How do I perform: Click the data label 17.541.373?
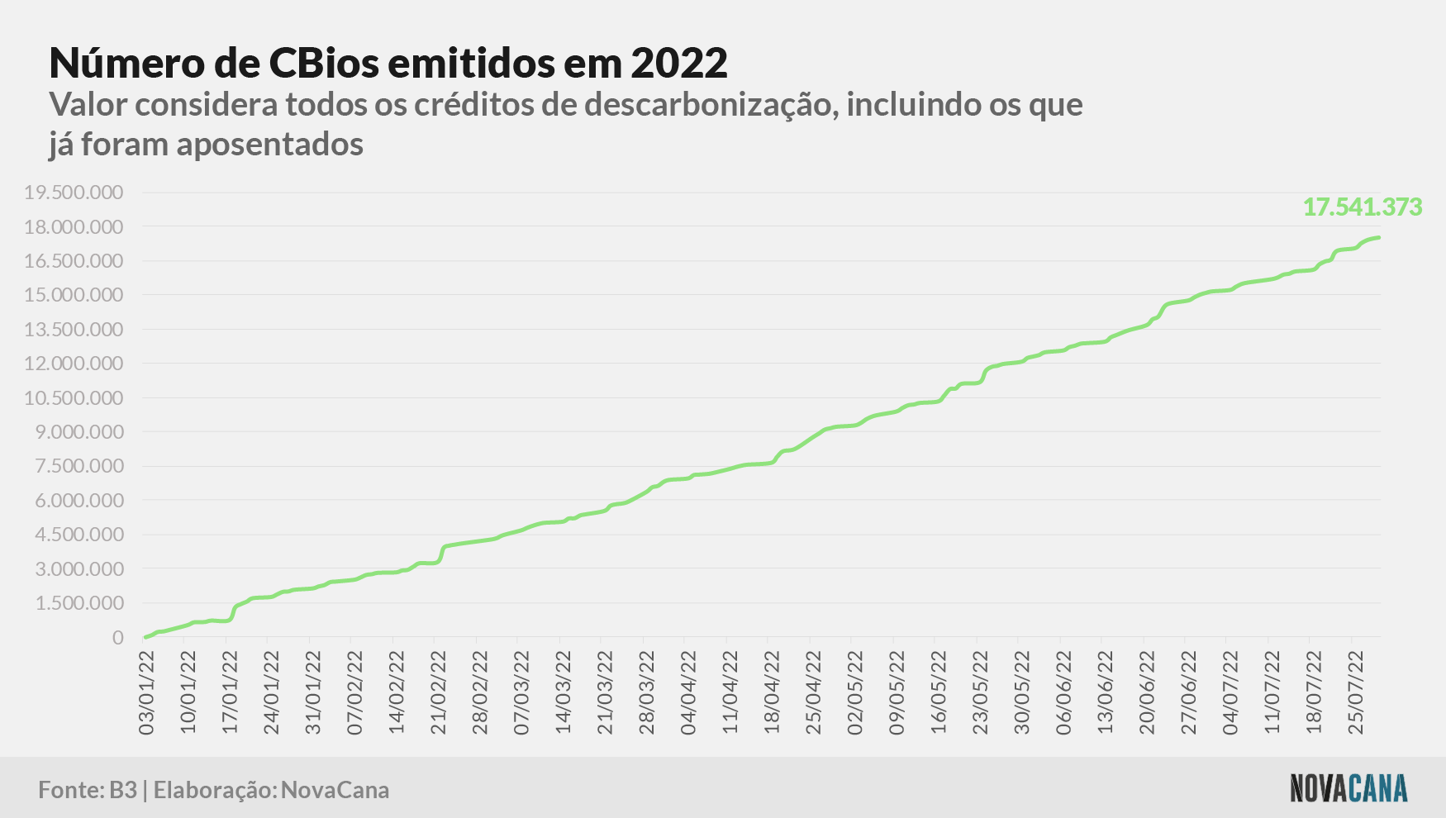coord(1363,207)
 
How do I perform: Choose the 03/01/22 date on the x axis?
coord(147,692)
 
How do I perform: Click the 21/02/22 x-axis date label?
coord(438,692)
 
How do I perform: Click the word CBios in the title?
coord(322,63)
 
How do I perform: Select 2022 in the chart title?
coord(679,63)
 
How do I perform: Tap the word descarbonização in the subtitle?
coord(710,106)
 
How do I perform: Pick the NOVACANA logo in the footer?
coord(1348,787)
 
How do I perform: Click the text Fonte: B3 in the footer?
coord(88,790)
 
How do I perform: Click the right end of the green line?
coord(1379,238)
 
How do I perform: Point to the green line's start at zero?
coord(145,637)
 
